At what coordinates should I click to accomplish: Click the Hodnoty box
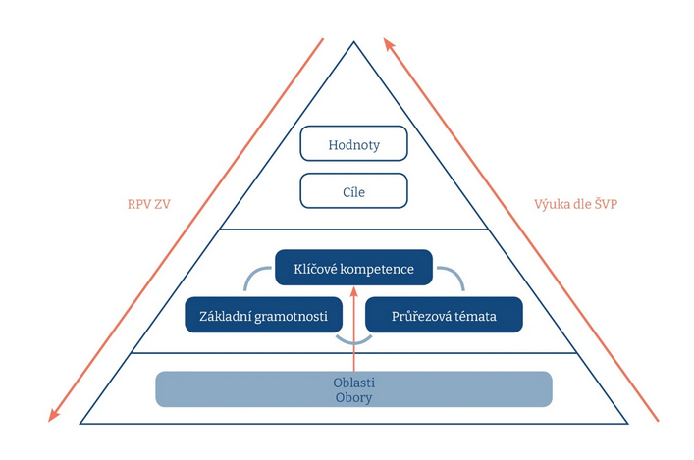[353, 143]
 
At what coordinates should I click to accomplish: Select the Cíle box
[353, 190]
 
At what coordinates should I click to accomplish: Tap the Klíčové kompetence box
[353, 268]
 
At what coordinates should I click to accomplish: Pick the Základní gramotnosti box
[263, 315]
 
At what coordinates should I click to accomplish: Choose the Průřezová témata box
[444, 315]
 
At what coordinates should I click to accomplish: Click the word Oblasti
[353, 383]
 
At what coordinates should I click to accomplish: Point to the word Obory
[353, 397]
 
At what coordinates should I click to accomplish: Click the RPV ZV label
[149, 204]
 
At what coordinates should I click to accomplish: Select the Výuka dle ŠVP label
[575, 204]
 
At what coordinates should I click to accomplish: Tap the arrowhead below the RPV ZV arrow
[53, 415]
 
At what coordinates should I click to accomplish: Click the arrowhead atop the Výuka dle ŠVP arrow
[389, 44]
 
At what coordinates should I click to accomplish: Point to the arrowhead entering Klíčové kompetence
[353, 292]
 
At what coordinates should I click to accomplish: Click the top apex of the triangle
[353, 42]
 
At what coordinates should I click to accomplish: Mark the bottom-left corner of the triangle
[80, 424]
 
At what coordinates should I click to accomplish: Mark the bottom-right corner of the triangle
[627, 424]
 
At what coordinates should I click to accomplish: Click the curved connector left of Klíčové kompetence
[250, 273]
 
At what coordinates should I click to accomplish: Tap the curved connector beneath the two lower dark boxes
[353, 343]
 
